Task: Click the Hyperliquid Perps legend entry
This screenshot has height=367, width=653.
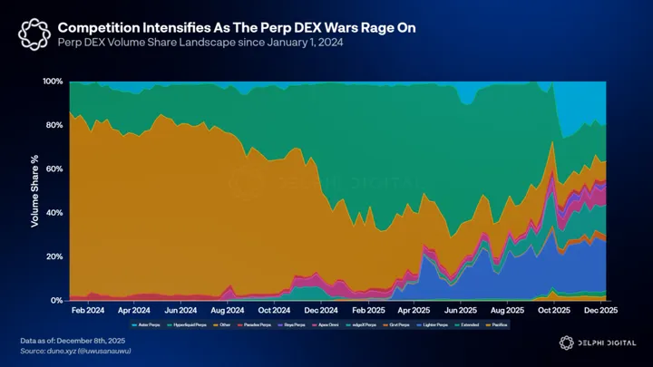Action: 187,324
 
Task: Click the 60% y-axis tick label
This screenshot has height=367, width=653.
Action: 54,169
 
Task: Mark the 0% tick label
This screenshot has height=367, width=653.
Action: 56,300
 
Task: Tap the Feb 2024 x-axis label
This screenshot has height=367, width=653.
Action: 87,310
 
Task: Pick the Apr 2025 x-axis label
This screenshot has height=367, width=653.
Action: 414,310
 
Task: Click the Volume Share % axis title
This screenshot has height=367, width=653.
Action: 34,191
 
